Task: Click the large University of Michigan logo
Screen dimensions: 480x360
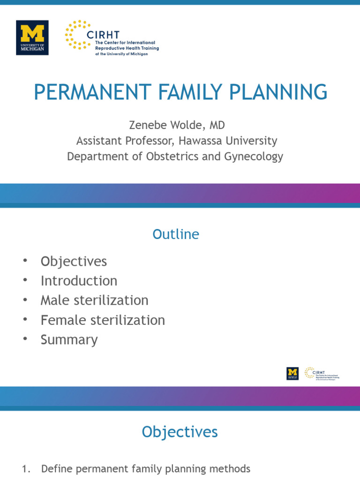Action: pos(32,37)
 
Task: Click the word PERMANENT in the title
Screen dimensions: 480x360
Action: pos(90,92)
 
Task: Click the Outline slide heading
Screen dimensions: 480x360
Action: pos(176,234)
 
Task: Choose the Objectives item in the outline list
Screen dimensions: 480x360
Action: pos(74,261)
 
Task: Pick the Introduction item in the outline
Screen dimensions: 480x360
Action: pos(79,281)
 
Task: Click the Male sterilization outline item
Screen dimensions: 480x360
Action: pos(94,300)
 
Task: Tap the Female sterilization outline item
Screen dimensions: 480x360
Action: pos(103,320)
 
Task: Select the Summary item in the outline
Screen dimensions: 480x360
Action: pos(69,339)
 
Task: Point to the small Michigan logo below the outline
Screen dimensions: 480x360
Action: pos(292,373)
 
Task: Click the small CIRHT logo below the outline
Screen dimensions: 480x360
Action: pos(322,373)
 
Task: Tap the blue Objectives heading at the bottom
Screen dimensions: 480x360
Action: pos(180,432)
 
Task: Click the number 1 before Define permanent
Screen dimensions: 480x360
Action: pos(26,469)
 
